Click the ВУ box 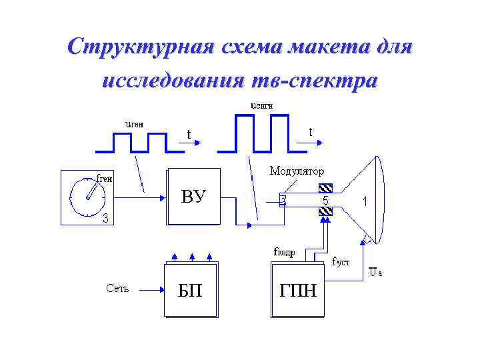click(193, 197)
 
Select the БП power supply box click(191, 291)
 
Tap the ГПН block click(297, 291)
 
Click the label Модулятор click(296, 171)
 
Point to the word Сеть click(118, 289)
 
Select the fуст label click(341, 262)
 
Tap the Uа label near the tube click(375, 272)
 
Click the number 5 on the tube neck click(325, 200)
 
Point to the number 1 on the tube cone click(365, 200)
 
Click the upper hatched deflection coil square click(325, 188)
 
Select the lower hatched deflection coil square click(325, 212)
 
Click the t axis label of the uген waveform click(189, 135)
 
